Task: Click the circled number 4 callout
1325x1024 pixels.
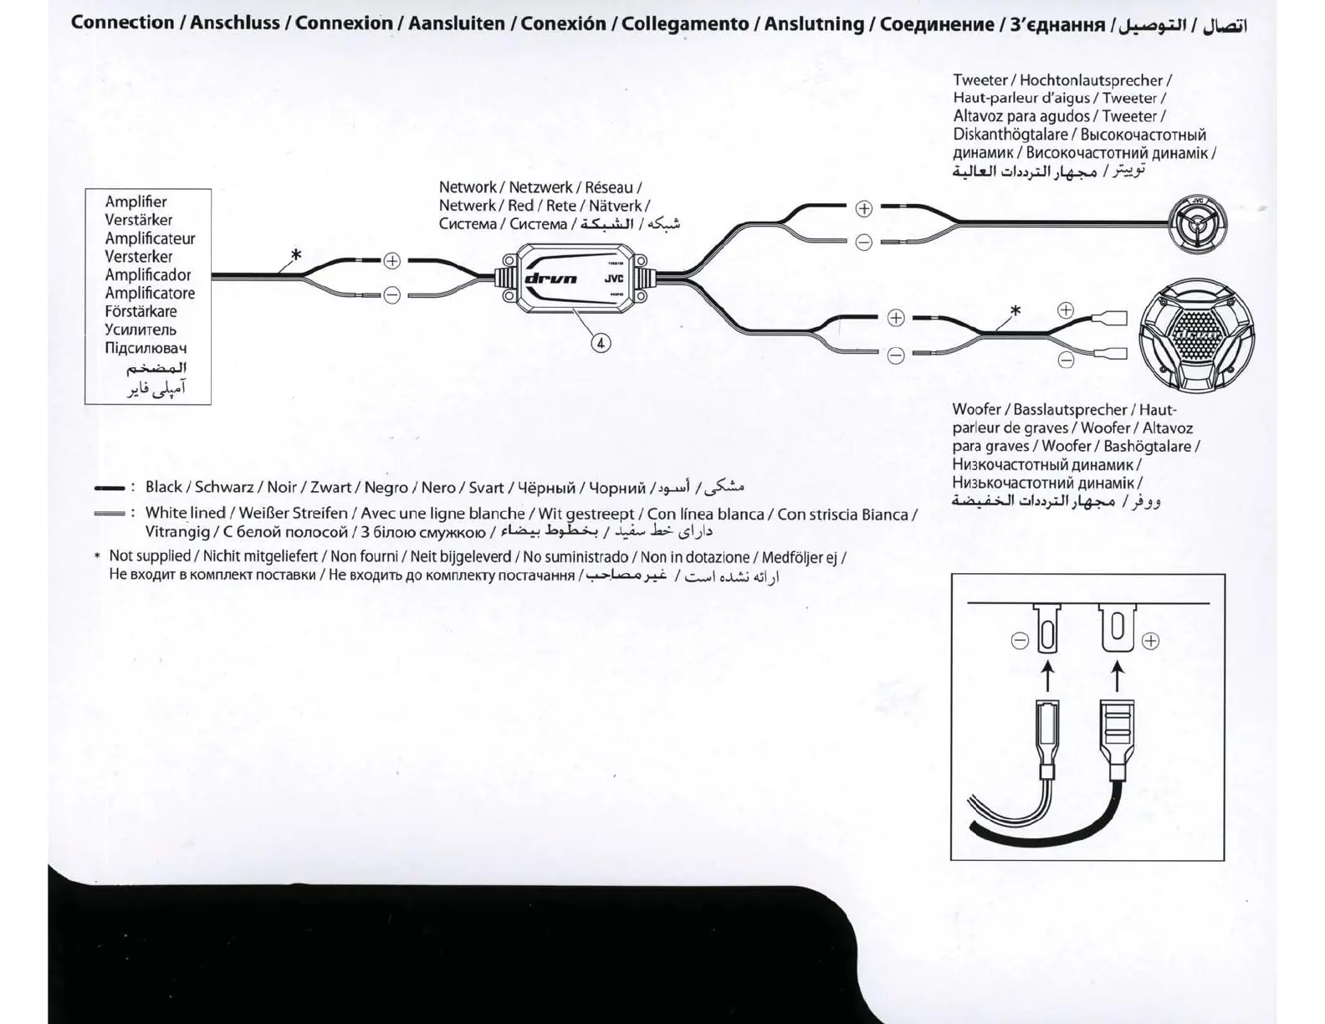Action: click(x=601, y=342)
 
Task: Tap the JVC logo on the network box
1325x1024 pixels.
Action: click(x=614, y=279)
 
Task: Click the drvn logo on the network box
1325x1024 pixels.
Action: click(x=550, y=279)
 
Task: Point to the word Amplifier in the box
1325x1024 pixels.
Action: click(x=136, y=202)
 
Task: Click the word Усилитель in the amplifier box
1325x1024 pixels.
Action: click(x=141, y=330)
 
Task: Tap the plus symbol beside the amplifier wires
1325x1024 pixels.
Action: click(x=391, y=261)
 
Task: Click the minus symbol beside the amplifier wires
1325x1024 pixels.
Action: click(x=391, y=294)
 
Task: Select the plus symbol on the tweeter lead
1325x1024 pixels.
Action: click(x=864, y=208)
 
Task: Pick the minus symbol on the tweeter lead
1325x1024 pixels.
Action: click(x=864, y=243)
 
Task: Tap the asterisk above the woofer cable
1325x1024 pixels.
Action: click(x=1015, y=311)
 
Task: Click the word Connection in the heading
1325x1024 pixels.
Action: click(x=123, y=23)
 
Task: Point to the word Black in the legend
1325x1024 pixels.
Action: click(x=163, y=487)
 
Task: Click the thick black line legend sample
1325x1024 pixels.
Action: click(x=110, y=488)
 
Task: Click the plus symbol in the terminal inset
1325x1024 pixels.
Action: click(x=1151, y=642)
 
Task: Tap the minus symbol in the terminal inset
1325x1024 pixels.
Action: click(x=1020, y=641)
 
